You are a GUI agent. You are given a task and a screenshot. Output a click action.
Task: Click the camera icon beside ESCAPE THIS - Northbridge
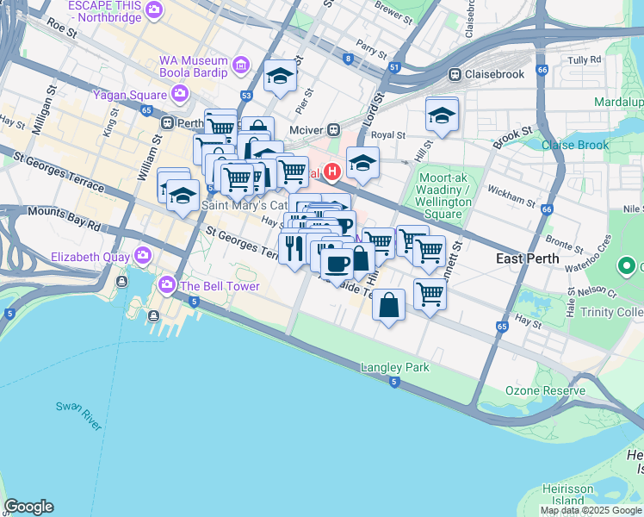pos(154,10)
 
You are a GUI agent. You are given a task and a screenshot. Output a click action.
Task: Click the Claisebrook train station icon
pos(455,75)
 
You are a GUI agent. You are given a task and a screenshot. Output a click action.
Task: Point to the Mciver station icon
pos(332,129)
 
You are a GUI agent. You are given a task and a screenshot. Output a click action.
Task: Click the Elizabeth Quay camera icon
pos(142,256)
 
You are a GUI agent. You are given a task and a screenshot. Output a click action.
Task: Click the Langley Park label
pos(395,367)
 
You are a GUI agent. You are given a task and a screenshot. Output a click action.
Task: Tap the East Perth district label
pos(527,258)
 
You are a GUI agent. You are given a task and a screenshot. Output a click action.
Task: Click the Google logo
pos(28,507)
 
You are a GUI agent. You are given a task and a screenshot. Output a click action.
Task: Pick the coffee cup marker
pos(337,262)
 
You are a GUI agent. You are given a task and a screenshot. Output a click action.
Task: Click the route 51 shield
pos(394,66)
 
